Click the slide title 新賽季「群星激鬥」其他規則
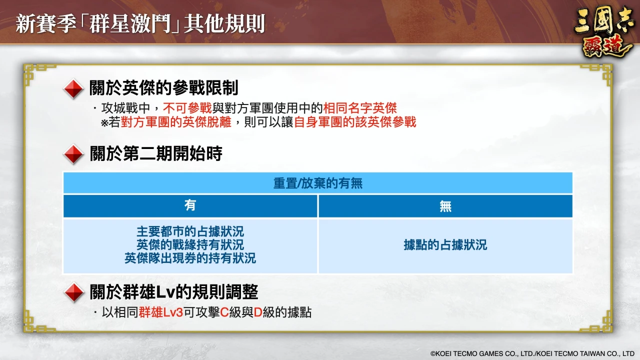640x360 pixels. click(140, 23)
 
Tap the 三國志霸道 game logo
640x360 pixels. click(603, 33)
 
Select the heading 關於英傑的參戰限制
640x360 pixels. click(163, 87)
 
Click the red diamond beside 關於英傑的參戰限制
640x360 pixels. click(73, 89)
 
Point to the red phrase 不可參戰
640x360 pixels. click(187, 108)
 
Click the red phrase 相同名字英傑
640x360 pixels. click(360, 108)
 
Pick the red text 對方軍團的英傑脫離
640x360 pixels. click(176, 122)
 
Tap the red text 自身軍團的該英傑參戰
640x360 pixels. click(355, 122)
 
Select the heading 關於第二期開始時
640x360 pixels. click(156, 153)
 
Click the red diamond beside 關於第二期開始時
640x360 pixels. click(73, 154)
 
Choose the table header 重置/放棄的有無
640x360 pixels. click(317, 183)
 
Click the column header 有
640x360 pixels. click(190, 205)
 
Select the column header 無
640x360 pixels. click(445, 205)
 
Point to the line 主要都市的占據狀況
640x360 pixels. click(190, 231)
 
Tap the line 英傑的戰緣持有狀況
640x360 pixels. click(190, 245)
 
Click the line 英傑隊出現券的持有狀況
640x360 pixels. click(190, 258)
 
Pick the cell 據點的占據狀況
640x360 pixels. click(445, 245)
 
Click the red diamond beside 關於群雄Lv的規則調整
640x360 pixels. click(74, 292)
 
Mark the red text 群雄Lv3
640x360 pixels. click(160, 312)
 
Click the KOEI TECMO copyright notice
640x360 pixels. click(532, 353)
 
